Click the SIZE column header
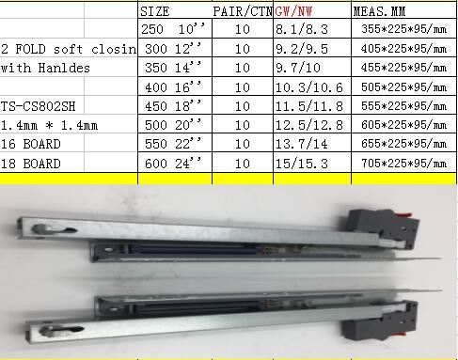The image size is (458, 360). coord(155,11)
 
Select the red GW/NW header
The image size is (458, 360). coord(293,11)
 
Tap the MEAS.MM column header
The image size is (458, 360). coord(379,11)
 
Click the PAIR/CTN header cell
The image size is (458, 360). coord(243,11)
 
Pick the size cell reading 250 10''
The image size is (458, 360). coord(173,29)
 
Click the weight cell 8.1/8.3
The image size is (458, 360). coord(302,29)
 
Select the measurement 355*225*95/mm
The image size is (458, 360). coord(403,29)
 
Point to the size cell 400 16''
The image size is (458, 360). coord(173,87)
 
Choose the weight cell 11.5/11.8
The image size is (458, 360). coord(309,106)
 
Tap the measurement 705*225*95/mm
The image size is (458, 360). coord(403,163)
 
